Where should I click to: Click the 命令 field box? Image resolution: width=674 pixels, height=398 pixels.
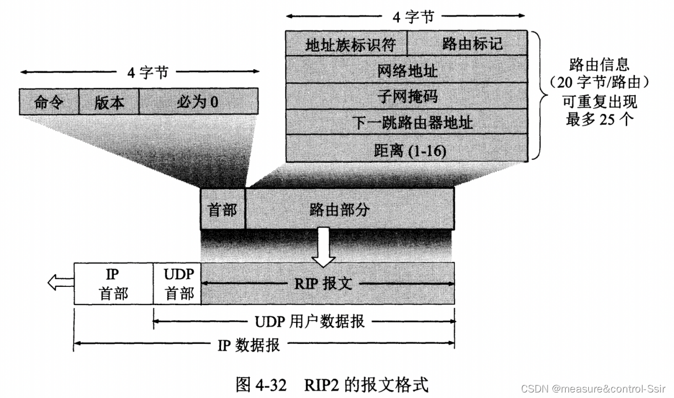(x=49, y=102)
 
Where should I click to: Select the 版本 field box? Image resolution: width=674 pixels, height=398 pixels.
(x=109, y=102)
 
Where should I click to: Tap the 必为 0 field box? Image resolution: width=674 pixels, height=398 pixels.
(x=198, y=102)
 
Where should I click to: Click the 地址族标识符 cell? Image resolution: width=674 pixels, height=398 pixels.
(x=346, y=44)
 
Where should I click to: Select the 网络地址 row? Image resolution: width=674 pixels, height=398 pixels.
(x=407, y=70)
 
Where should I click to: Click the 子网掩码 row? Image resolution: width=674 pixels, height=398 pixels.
(x=407, y=96)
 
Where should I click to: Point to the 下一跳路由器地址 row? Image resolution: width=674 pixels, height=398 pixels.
(x=407, y=122)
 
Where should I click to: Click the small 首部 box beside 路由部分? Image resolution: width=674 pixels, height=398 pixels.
(x=223, y=209)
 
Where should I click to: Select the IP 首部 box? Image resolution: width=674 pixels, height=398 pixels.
(x=114, y=284)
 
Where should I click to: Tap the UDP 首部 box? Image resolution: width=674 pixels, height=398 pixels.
(x=177, y=284)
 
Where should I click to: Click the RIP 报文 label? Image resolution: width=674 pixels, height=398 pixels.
(x=328, y=284)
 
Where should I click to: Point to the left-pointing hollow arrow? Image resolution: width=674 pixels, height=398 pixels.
(x=60, y=283)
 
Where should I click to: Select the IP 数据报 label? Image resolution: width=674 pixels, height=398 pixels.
(x=249, y=345)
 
